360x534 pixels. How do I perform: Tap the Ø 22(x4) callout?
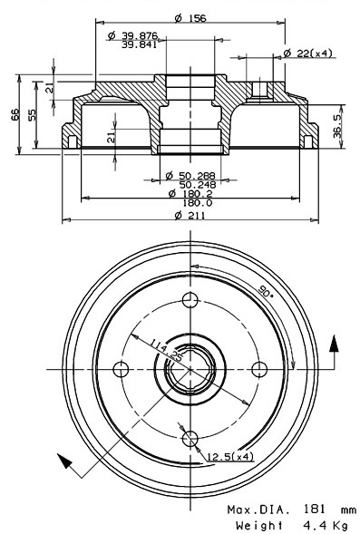pyautogui.click(x=307, y=53)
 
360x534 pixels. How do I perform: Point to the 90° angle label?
pyautogui.click(x=264, y=292)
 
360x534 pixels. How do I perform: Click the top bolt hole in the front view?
pyautogui.click(x=190, y=301)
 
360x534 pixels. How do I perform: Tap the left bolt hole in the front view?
pyautogui.click(x=122, y=369)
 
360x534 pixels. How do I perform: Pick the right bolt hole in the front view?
pyautogui.click(x=258, y=369)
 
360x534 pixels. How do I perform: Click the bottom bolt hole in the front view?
pyautogui.click(x=190, y=439)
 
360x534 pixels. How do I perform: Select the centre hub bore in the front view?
pyautogui.click(x=190, y=370)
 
